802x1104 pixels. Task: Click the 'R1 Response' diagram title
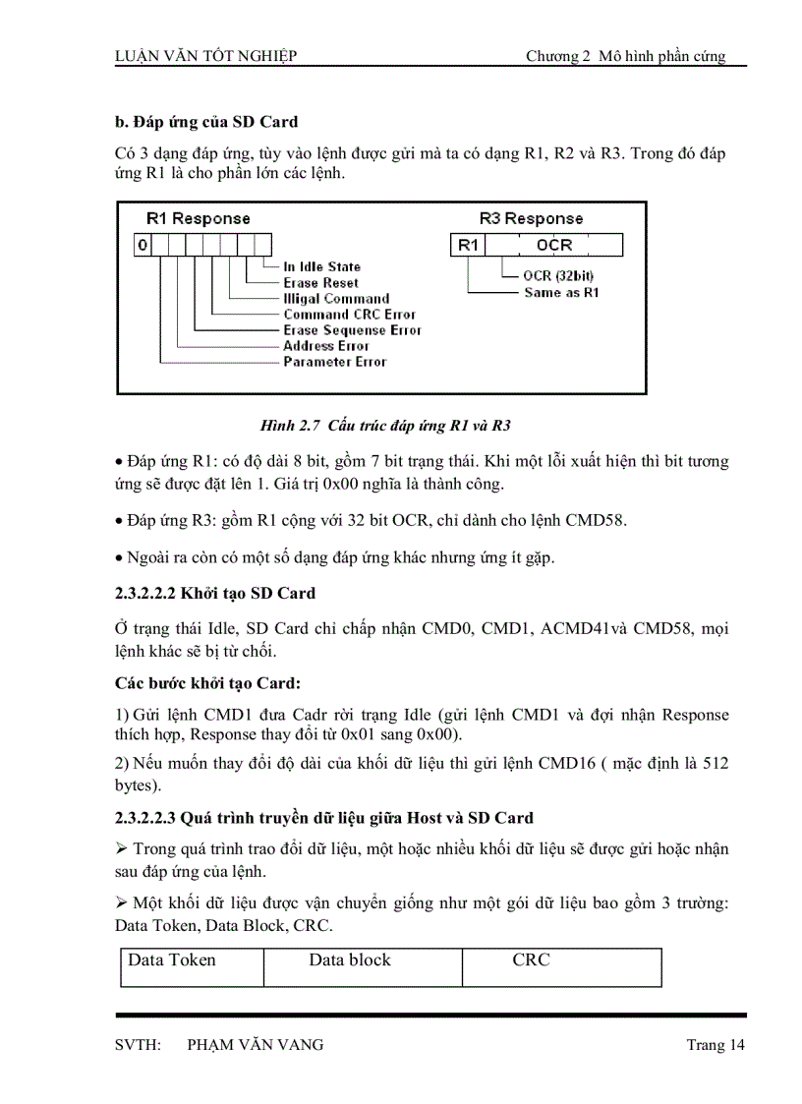tap(198, 218)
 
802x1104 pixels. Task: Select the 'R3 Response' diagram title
tap(531, 218)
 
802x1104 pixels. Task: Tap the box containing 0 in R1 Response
tap(143, 245)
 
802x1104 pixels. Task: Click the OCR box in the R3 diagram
tap(554, 245)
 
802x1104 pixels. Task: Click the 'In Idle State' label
tap(321, 266)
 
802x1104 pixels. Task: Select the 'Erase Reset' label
tap(320, 282)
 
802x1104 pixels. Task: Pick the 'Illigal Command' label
tap(336, 298)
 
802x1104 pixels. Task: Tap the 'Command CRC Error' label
tap(349, 315)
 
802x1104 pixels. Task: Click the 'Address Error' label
tap(326, 346)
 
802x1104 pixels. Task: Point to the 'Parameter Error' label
tap(334, 362)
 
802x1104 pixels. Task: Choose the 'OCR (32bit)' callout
tap(558, 276)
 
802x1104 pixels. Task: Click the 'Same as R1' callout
tap(560, 292)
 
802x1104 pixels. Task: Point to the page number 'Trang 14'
tap(716, 1045)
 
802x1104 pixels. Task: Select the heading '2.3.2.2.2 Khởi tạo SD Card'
tap(215, 593)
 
